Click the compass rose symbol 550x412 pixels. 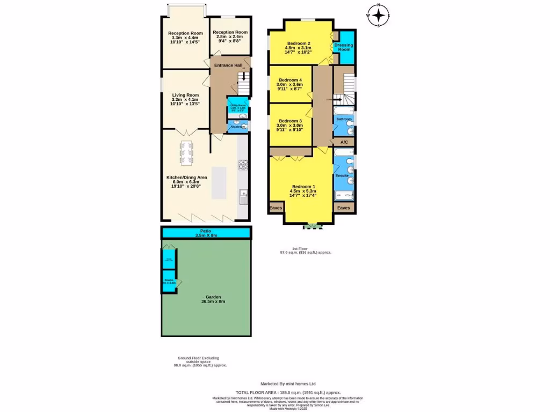pos(378,16)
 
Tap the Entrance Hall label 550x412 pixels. pos(228,65)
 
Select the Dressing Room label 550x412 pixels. pos(344,47)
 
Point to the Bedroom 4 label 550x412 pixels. pos(290,80)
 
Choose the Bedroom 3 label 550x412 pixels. pos(290,121)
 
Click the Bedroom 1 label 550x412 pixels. pos(303,187)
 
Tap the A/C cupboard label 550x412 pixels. pos(344,142)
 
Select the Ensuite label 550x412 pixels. pos(342,175)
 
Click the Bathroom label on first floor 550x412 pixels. pos(344,119)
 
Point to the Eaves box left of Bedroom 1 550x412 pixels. pos(276,208)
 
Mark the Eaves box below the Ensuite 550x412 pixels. pos(344,208)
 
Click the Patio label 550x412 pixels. pos(206,231)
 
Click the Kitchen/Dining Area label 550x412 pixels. pos(186,177)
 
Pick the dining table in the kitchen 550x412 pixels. pos(186,152)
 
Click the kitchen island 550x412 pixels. pos(220,182)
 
